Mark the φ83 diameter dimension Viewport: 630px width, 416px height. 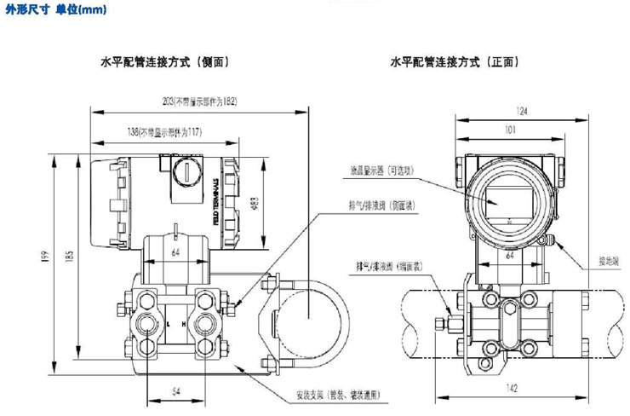255,203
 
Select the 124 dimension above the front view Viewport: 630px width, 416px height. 509,111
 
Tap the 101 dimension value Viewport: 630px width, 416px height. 508,130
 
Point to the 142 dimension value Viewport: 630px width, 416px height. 513,387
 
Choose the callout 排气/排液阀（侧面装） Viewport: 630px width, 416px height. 378,206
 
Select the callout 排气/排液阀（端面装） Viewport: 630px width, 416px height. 380,267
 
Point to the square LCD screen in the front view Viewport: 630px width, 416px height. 509,204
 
